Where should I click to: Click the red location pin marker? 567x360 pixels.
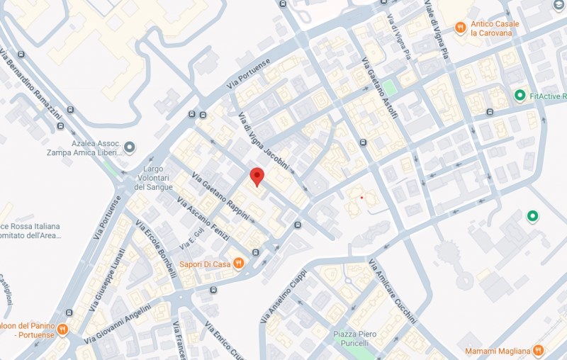point(257,176)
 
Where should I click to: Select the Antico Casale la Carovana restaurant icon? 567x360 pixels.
point(461,27)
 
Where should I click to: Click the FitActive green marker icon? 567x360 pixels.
point(520,95)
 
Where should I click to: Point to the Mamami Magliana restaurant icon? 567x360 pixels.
point(538,351)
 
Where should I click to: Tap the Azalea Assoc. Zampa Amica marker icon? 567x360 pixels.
point(129,147)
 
